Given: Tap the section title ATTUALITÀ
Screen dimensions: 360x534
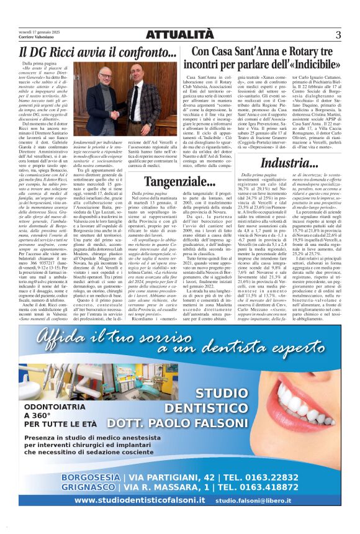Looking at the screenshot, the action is tap(179, 35).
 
